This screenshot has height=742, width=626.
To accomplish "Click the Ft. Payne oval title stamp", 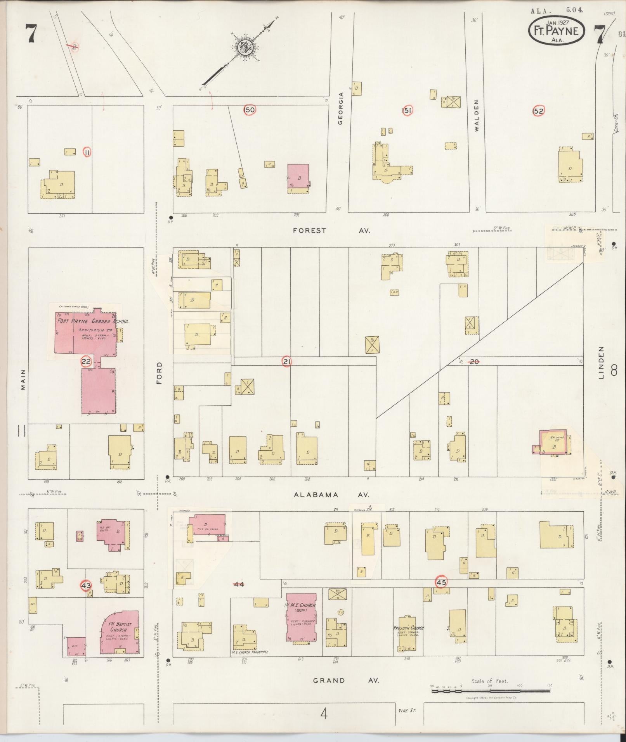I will pos(556,31).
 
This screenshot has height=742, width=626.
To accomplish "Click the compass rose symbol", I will pos(245,47).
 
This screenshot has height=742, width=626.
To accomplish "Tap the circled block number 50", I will pos(250,110).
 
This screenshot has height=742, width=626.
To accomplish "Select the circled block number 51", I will pos(407,111).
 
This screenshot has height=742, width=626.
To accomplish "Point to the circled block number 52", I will pos(538,111).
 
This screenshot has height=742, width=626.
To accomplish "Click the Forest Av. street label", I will pos(332,230).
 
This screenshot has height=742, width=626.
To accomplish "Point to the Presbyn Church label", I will pos(408,628).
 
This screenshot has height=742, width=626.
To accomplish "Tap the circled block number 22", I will pos(86,362).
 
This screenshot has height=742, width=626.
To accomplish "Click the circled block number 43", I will pos(86,585).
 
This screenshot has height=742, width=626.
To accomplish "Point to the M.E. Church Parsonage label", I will pos(250,652).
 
